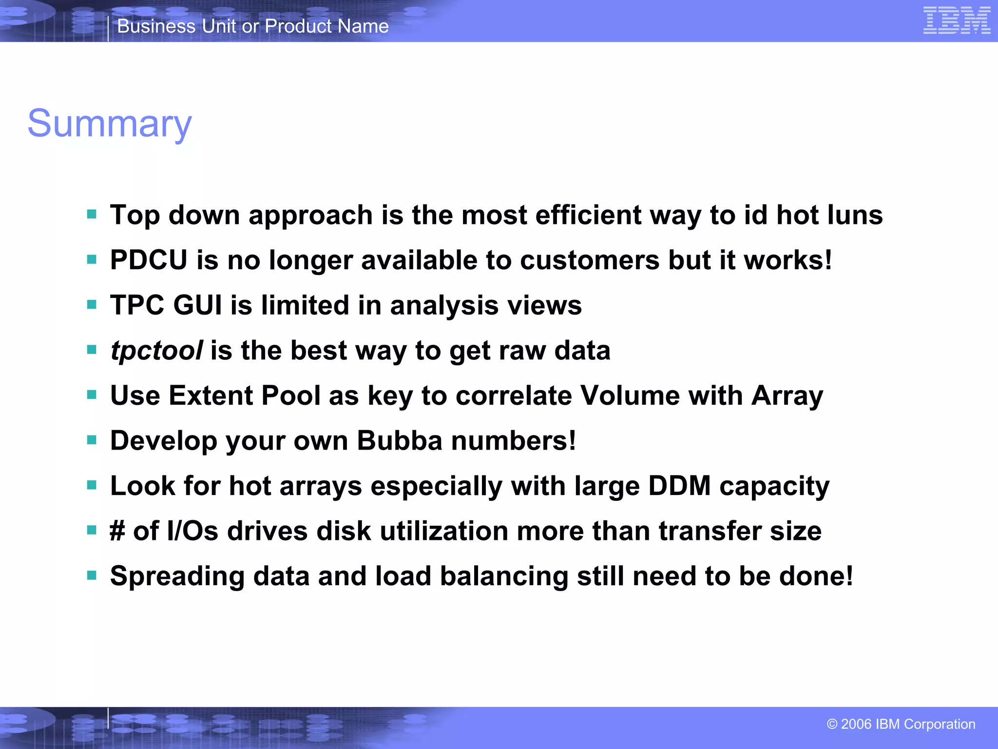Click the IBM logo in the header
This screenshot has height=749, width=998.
[956, 21]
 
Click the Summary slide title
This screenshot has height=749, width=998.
[110, 124]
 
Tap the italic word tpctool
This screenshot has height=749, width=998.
[156, 351]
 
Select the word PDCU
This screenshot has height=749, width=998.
[149, 260]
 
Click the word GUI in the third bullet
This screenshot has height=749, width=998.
[197, 305]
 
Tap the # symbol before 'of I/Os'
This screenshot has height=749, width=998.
[117, 531]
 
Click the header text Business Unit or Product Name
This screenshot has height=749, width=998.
[253, 26]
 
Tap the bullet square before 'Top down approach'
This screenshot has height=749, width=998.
[92, 215]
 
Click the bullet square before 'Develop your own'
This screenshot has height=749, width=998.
[92, 440]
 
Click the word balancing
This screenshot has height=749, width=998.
[504, 576]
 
